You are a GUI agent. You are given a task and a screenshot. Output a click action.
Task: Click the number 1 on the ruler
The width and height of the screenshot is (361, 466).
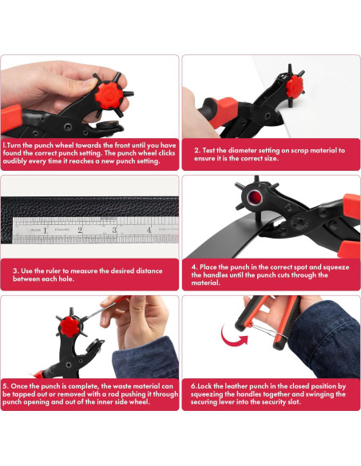[45, 231]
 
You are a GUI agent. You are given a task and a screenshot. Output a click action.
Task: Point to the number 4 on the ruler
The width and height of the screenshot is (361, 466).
[149, 230]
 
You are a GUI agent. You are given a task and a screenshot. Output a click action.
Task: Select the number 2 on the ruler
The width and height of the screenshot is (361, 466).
[80, 230]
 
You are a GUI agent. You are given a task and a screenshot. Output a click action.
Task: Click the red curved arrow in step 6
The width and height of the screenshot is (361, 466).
[233, 337]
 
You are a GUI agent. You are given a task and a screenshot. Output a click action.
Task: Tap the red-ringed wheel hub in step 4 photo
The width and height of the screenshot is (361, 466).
[254, 196]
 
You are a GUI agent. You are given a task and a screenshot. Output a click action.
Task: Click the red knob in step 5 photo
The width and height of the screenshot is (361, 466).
[69, 326]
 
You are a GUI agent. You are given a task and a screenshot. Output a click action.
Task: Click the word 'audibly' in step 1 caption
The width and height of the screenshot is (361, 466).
[14, 161]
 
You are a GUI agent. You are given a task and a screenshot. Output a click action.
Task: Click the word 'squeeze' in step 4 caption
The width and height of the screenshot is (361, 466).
[336, 267]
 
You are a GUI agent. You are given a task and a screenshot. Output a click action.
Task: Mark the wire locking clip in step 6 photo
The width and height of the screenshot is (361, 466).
[268, 330]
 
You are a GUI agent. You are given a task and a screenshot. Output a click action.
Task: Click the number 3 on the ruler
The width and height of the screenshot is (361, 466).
[114, 230]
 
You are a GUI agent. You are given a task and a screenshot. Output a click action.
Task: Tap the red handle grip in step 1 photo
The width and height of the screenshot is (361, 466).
[11, 118]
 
